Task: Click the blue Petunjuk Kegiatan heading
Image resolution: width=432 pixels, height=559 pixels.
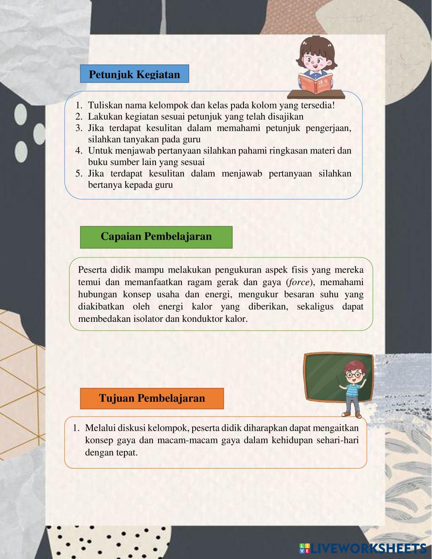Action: [134, 74]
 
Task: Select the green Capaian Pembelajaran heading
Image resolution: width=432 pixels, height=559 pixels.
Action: [156, 237]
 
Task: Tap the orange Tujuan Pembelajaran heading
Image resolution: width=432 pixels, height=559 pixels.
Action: [152, 398]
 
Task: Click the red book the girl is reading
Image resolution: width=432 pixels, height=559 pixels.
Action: [316, 83]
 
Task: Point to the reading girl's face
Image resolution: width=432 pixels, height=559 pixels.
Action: [317, 58]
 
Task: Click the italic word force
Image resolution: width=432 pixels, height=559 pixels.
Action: [299, 283]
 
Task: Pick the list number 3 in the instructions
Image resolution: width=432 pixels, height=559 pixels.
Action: [79, 128]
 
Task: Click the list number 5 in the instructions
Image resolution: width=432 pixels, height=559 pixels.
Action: [79, 174]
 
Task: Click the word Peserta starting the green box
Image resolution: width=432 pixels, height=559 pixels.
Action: [92, 270]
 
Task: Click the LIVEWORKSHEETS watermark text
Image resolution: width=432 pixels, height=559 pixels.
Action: [368, 548]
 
